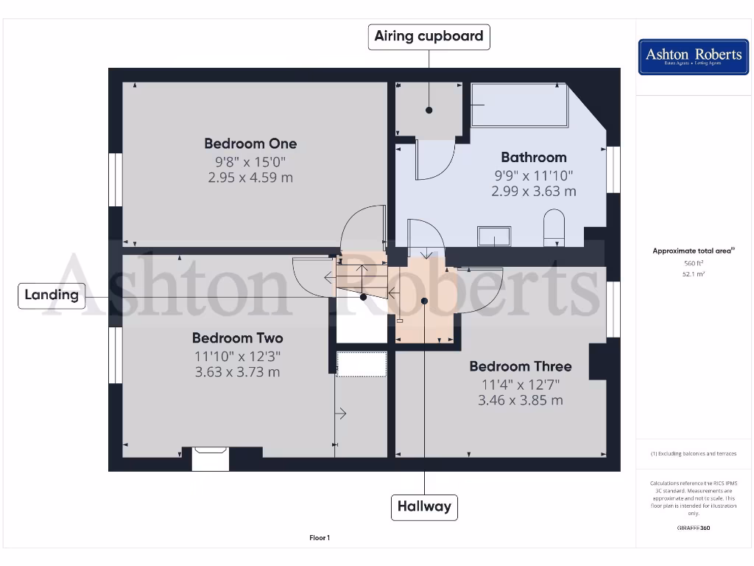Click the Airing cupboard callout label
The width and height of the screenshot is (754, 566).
pyautogui.click(x=429, y=36)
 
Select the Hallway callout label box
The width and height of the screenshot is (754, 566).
pyautogui.click(x=424, y=506)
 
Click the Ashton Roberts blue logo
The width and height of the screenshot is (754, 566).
pyautogui.click(x=693, y=57)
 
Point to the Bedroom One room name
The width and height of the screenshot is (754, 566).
pyautogui.click(x=250, y=144)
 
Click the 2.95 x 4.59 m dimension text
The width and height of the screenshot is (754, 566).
pyautogui.click(x=250, y=178)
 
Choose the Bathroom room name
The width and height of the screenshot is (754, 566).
pyautogui.click(x=534, y=157)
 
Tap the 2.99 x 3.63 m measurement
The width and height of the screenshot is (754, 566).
pyautogui.click(x=534, y=191)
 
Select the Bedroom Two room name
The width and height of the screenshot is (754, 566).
pyautogui.click(x=237, y=338)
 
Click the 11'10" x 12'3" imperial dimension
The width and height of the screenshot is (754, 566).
pyautogui.click(x=237, y=356)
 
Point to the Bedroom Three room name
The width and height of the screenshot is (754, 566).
pyautogui.click(x=521, y=366)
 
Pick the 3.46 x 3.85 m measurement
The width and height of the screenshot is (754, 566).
pyautogui.click(x=521, y=400)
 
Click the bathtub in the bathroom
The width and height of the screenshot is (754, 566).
pyautogui.click(x=519, y=105)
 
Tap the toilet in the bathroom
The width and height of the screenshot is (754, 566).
pyautogui.click(x=553, y=227)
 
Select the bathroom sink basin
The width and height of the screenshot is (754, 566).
pyautogui.click(x=494, y=237)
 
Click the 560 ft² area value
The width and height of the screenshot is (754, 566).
pyautogui.click(x=693, y=263)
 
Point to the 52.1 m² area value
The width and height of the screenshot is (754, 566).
pyautogui.click(x=693, y=273)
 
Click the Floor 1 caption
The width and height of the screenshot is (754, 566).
pyautogui.click(x=320, y=538)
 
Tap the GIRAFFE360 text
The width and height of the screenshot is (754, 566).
pyautogui.click(x=693, y=528)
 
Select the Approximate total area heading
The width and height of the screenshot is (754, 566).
pyautogui.click(x=693, y=251)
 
